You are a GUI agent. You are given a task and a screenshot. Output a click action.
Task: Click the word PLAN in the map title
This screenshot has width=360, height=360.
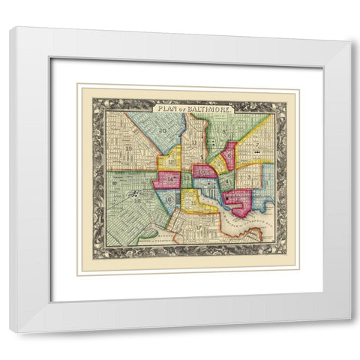(x=162, y=109)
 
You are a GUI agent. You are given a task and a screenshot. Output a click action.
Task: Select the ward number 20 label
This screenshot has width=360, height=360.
(x=162, y=130)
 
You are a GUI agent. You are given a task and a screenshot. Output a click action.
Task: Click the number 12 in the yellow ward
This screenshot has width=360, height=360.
(x=172, y=161)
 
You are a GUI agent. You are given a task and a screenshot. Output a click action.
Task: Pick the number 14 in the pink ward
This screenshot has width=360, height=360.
(x=169, y=179)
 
